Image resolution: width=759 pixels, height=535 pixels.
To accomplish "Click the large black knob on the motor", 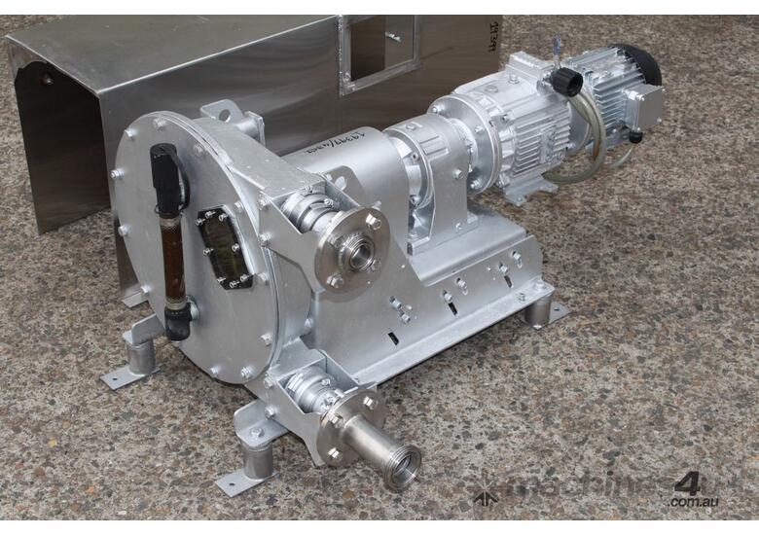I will click(565, 82).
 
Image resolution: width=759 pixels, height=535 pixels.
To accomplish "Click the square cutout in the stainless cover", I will click(379, 50).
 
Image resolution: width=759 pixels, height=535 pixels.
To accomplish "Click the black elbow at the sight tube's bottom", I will click(178, 320).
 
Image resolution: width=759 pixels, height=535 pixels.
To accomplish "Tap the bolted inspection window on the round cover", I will click(225, 247).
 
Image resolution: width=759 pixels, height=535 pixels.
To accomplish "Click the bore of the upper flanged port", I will click(360, 254).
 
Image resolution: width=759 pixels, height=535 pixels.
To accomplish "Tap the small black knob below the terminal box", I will click(634, 137).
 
